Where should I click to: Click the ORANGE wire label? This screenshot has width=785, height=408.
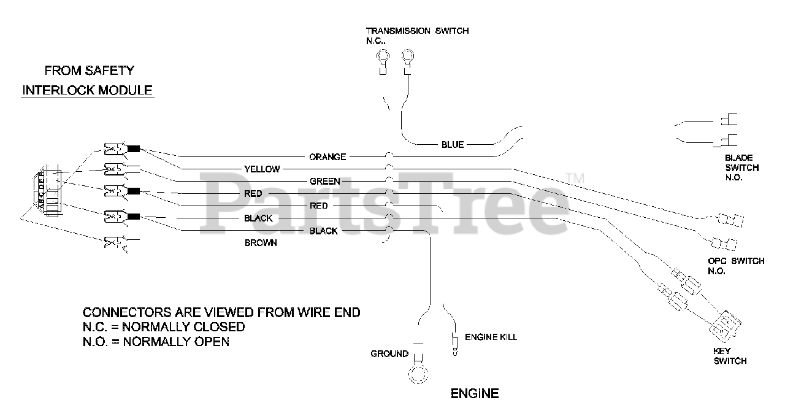327,157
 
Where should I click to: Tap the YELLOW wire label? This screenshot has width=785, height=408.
262,169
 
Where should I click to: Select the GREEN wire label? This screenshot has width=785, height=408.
325,182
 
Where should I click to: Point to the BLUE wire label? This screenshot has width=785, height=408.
453,145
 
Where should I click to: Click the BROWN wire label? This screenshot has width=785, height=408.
261,243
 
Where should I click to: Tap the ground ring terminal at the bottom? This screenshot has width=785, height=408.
418,374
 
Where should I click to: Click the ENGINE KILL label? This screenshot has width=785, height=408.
491,337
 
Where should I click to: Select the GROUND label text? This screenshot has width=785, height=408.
389,353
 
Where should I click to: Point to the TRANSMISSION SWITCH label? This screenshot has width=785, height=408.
417,31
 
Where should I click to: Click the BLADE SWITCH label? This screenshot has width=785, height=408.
741,167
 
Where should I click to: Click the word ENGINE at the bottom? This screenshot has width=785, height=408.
475,393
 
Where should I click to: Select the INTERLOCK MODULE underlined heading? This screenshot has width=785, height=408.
88,90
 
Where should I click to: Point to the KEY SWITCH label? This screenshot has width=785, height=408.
730,356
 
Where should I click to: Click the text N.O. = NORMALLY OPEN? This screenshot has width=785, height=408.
156,341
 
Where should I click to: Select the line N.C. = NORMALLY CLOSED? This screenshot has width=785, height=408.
164,327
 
